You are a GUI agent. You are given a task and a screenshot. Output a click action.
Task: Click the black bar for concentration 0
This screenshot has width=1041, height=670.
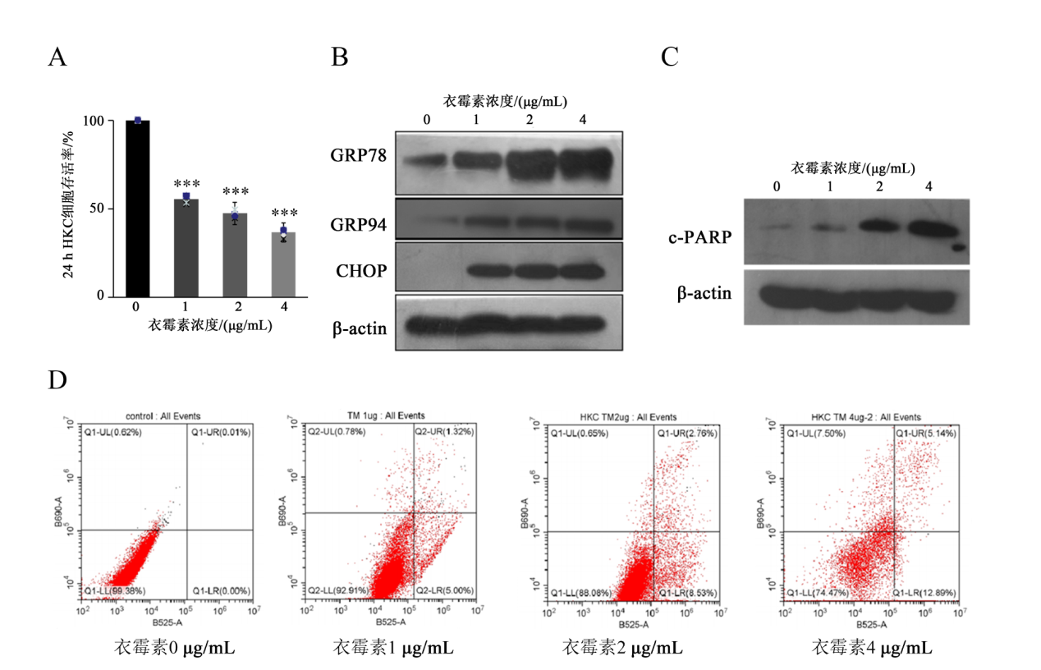point(137,209)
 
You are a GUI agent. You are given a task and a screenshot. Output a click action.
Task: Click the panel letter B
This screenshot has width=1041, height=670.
point(339,57)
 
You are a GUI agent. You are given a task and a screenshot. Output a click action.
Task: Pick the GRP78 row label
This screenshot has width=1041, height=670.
point(359,157)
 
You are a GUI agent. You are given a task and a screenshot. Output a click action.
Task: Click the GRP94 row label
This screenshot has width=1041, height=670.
point(359,225)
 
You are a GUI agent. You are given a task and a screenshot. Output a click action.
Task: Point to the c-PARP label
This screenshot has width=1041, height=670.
point(700,238)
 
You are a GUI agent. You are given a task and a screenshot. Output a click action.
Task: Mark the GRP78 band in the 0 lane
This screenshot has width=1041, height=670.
point(426,160)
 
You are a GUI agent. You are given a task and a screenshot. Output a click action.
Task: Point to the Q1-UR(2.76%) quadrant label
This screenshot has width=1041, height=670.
point(685,432)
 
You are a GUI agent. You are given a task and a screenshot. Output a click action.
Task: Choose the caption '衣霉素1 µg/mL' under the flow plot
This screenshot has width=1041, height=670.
point(392,648)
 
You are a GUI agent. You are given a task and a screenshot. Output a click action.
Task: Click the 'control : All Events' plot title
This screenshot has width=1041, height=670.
point(162,416)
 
